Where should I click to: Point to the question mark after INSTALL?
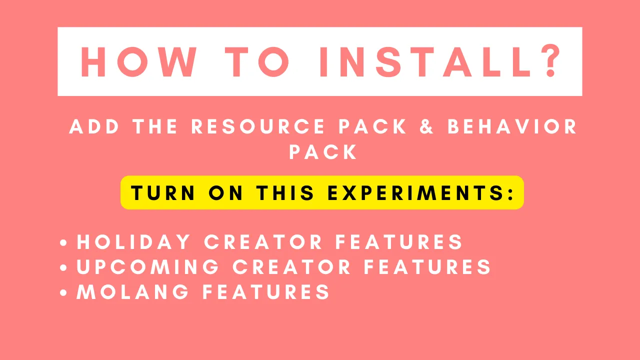tap(551, 60)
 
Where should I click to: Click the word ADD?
tap(94, 126)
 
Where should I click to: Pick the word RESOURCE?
tap(258, 126)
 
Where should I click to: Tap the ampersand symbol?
tap(426, 126)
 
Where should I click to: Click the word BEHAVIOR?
tap(512, 126)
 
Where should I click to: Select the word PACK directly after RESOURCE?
tap(372, 126)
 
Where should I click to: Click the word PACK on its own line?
tap(323, 151)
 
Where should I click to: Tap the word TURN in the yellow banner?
tap(163, 193)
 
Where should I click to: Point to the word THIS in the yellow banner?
tap(285, 193)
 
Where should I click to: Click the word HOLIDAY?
tap(133, 242)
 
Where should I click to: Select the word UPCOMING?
tap(147, 267)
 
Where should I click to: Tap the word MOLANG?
tap(132, 291)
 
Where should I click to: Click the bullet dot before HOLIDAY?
tap(63, 242)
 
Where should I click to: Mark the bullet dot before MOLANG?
tap(63, 292)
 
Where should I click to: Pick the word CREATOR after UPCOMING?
tap(291, 267)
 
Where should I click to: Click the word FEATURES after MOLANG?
tap(266, 291)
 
